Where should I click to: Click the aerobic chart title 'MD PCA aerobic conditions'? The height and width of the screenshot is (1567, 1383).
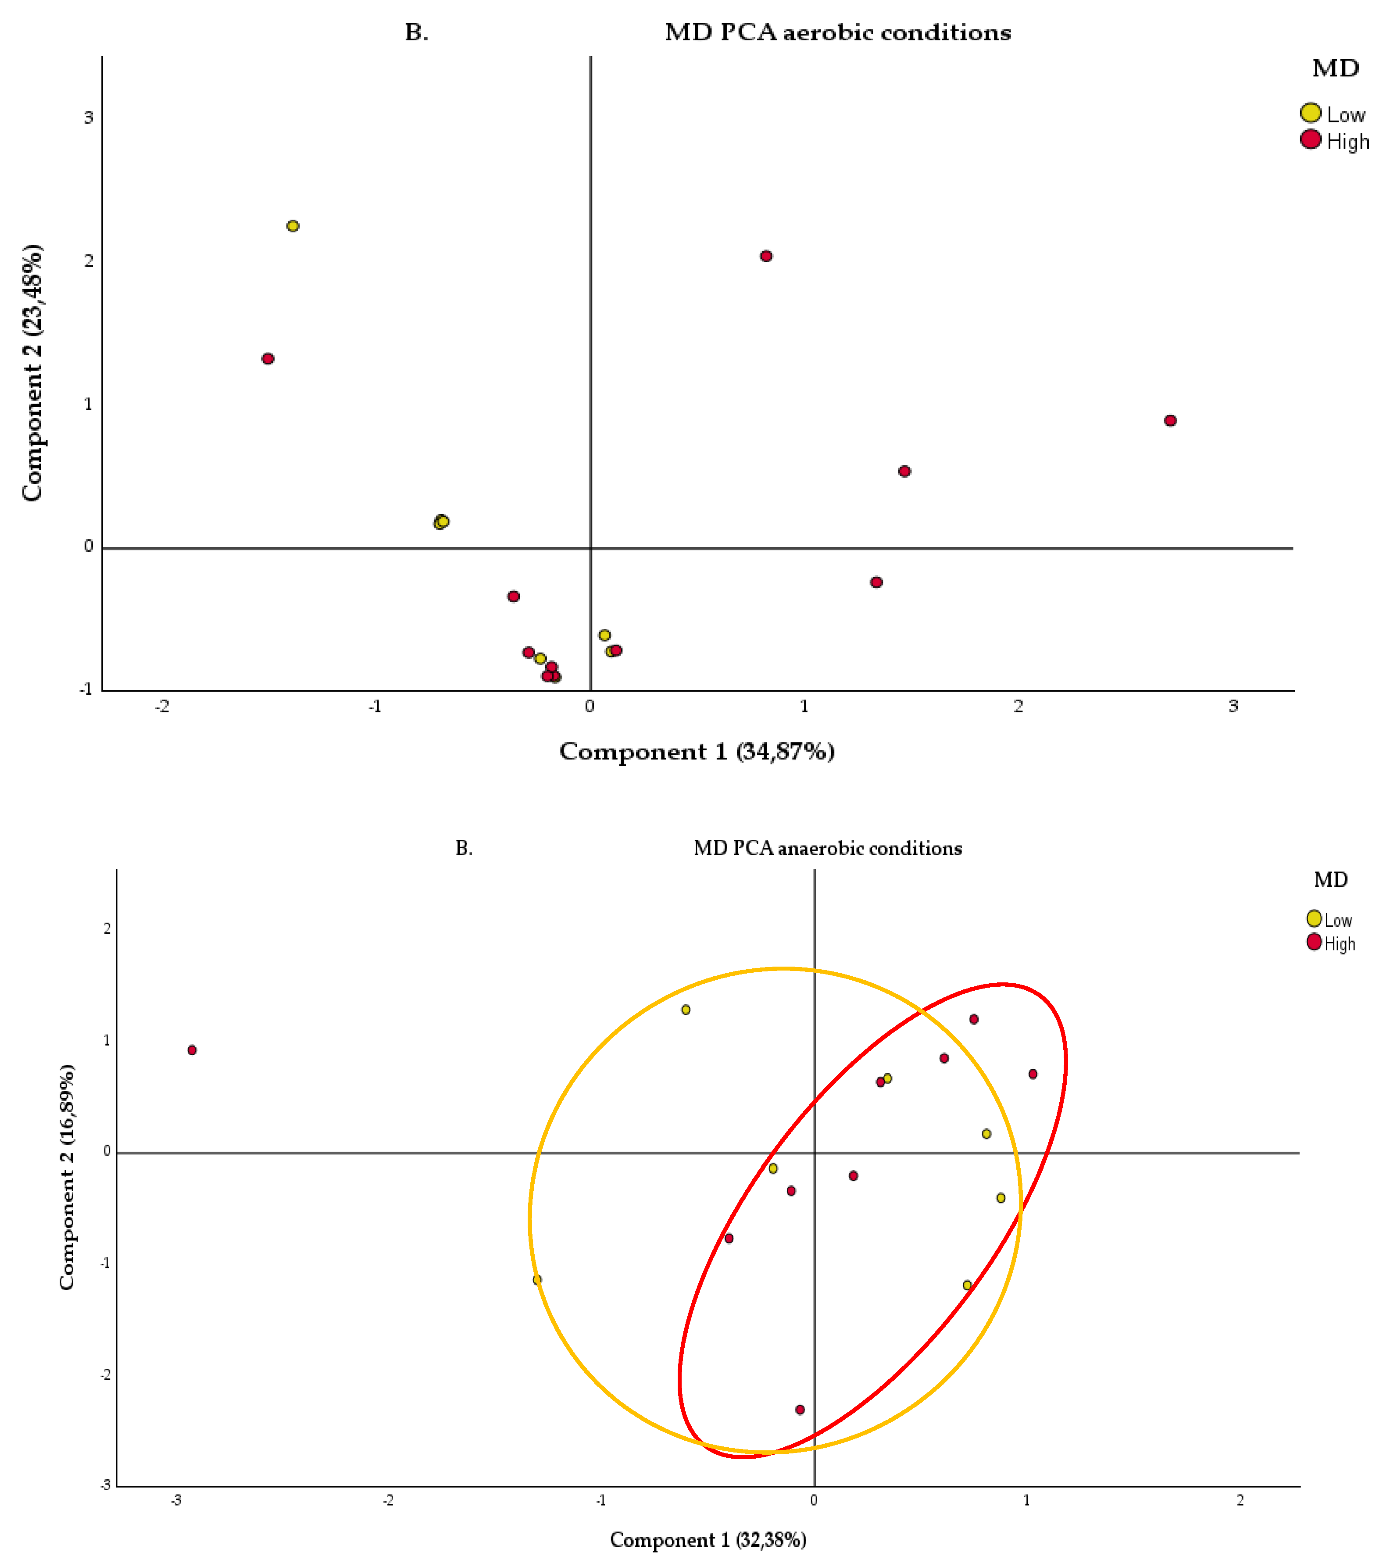point(837,32)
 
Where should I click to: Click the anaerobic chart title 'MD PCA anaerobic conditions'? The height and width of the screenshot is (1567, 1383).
point(827,848)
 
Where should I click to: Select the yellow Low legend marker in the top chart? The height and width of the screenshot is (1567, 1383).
point(1310,113)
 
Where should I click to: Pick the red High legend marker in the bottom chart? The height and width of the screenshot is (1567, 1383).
point(1314,942)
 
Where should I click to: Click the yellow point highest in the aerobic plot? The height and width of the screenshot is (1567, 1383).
point(293,225)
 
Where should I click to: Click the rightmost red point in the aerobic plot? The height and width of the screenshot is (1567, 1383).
point(1170,420)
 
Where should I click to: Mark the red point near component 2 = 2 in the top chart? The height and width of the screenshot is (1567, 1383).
point(766,256)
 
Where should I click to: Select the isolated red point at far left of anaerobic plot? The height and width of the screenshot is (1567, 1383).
point(193,1049)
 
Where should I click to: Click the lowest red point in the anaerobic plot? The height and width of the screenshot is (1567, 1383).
point(800,1409)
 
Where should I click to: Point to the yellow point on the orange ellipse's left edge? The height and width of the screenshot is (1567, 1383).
point(537,1279)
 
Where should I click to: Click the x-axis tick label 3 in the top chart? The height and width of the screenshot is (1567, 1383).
point(1233,706)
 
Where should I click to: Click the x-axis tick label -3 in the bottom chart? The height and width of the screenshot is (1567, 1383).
point(175,1499)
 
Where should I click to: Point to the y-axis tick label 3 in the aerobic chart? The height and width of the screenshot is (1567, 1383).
point(88,117)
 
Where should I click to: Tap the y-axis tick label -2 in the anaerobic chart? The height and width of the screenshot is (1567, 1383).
point(106,1374)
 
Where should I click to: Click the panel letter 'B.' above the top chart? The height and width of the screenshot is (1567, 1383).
point(416,32)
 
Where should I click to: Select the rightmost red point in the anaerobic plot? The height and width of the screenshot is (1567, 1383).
point(1033,1073)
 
